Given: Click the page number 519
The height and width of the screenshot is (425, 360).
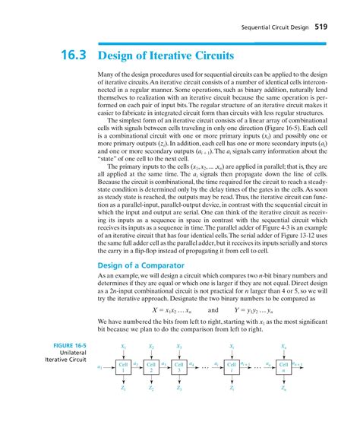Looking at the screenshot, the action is [328, 27].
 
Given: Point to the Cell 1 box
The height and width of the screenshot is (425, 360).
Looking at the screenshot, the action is [123, 366].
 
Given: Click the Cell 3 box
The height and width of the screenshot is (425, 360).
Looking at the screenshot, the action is [179, 366].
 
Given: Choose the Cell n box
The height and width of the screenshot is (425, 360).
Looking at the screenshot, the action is [284, 366].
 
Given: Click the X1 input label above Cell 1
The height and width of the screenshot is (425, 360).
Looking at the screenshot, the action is [123, 345].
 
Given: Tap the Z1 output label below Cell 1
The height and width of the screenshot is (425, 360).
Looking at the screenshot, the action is [123, 388].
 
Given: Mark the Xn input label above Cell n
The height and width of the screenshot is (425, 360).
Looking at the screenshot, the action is [284, 345].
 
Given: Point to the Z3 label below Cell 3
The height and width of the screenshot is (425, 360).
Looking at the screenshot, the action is [179, 388].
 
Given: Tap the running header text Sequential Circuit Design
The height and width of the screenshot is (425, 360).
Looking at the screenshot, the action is [273, 27].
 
